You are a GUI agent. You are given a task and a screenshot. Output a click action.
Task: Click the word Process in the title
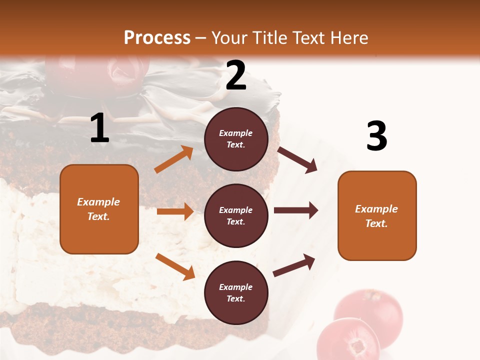pyautogui.click(x=157, y=37)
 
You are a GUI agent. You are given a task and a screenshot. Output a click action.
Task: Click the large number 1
pyautogui.click(x=99, y=128)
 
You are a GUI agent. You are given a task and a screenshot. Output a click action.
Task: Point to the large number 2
pyautogui.click(x=236, y=75)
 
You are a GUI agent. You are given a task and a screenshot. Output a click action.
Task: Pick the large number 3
pyautogui.click(x=376, y=136)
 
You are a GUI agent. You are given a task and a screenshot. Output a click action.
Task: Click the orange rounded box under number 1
pyautogui.click(x=99, y=209)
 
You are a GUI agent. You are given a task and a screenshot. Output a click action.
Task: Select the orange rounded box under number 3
pyautogui.click(x=377, y=215)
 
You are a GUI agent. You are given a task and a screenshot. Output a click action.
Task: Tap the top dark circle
pyautogui.click(x=236, y=139)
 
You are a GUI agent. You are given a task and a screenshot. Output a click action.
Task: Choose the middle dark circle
pyautogui.click(x=236, y=215)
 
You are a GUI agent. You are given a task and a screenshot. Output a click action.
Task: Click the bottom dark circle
pyautogui.click(x=236, y=292)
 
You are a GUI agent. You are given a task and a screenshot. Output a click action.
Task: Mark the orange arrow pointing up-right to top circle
pyautogui.click(x=174, y=159)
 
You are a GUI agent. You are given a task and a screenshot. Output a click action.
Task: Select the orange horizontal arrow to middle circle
pyautogui.click(x=175, y=211)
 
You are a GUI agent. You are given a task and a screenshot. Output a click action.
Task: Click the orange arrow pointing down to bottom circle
pyautogui.click(x=175, y=266)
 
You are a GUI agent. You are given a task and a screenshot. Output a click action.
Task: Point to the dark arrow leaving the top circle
pyautogui.click(x=297, y=160)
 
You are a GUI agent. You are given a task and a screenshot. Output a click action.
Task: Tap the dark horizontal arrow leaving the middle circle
pyautogui.click(x=296, y=210)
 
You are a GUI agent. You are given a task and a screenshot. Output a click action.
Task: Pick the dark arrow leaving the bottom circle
pyautogui.click(x=294, y=265)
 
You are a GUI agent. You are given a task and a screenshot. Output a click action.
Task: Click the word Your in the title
pyautogui.click(x=230, y=37)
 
